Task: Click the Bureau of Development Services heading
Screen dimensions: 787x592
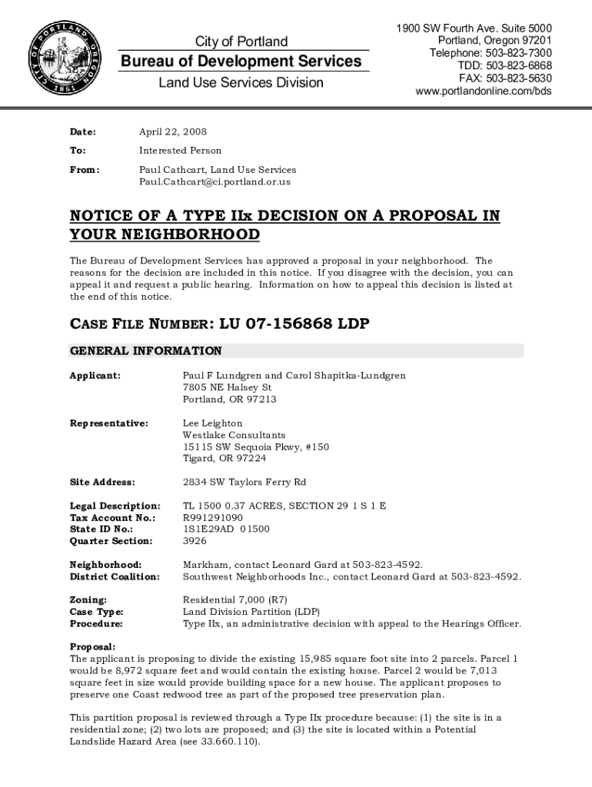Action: pyautogui.click(x=241, y=61)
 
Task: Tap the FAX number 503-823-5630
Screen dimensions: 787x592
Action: pyautogui.click(x=505, y=78)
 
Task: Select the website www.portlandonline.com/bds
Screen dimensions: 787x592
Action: pyautogui.click(x=484, y=91)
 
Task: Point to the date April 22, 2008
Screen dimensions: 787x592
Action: pyautogui.click(x=172, y=132)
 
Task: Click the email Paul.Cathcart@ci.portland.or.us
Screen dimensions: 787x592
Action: pyautogui.click(x=215, y=181)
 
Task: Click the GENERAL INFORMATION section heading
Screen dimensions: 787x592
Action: pyautogui.click(x=146, y=351)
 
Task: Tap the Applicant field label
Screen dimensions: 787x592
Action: pyautogui.click(x=95, y=376)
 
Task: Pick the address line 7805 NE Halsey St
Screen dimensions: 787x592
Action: pyautogui.click(x=227, y=387)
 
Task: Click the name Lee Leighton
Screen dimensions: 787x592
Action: pyautogui.click(x=212, y=423)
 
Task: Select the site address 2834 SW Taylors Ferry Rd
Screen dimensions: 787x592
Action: pyautogui.click(x=244, y=482)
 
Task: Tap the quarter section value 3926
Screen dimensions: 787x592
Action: pyautogui.click(x=195, y=541)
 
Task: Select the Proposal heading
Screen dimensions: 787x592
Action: pyautogui.click(x=93, y=647)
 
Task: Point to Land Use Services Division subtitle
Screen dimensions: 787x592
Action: pyautogui.click(x=241, y=83)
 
